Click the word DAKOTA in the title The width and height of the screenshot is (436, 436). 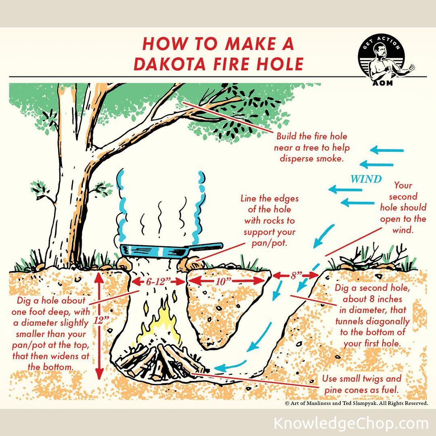[170, 64]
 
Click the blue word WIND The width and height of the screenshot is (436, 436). [366, 179]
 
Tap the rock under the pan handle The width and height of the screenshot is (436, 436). [188, 264]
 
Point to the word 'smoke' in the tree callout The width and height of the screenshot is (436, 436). [329, 159]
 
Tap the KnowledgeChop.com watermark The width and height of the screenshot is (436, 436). [351, 423]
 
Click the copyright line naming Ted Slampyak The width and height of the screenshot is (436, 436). [356, 403]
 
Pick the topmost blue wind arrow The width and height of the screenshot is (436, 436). [387, 150]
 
